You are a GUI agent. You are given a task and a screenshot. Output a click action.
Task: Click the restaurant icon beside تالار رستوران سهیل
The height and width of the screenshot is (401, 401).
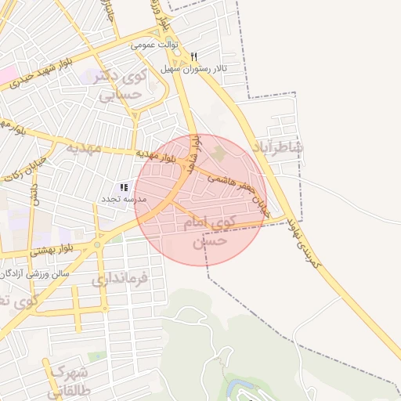click(x=193, y=56)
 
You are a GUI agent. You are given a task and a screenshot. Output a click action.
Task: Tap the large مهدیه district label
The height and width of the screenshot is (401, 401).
click(x=85, y=147)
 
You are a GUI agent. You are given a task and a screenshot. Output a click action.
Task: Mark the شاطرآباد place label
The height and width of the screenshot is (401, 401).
click(x=278, y=148)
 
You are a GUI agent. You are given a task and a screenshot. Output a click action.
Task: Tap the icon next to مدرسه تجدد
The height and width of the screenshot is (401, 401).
click(x=123, y=188)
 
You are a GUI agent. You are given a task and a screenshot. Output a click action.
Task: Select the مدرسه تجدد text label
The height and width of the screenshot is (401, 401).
click(x=118, y=200)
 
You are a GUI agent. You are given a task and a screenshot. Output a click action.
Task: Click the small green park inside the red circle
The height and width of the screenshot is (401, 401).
click(x=219, y=154)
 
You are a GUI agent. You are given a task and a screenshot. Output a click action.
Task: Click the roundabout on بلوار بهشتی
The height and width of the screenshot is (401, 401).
click(x=97, y=244)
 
